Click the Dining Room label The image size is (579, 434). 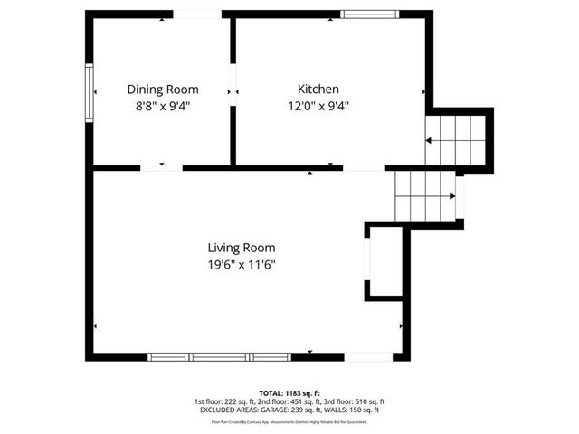click(163, 90)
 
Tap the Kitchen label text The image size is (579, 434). click(318, 89)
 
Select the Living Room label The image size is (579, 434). click(241, 248)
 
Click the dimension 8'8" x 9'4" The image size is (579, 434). click(163, 105)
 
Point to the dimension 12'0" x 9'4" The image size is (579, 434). click(318, 105)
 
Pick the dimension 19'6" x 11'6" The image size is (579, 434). click(241, 264)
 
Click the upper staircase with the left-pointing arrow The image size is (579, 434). click(457, 140)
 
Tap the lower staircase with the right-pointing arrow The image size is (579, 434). click(425, 195)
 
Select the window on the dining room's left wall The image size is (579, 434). click(89, 91)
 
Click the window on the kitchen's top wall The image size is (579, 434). click(368, 14)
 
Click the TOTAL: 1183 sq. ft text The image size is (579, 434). click(289, 392)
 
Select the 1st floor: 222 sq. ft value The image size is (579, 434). click(223, 401)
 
